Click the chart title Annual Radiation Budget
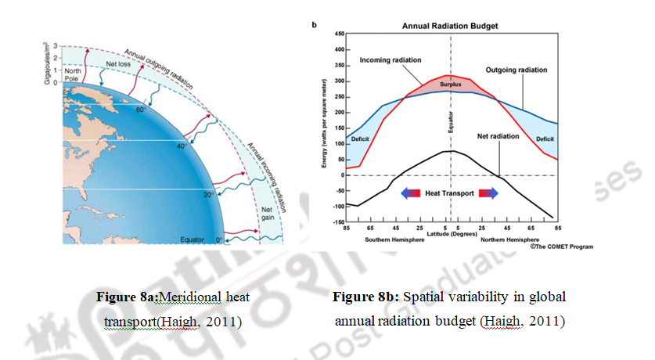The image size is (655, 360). [450, 26]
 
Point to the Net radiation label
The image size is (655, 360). [499, 136]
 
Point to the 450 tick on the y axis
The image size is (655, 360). [340, 34]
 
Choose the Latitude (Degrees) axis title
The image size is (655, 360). [449, 232]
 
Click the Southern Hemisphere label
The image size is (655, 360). [395, 239]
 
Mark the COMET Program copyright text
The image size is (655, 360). [563, 247]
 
